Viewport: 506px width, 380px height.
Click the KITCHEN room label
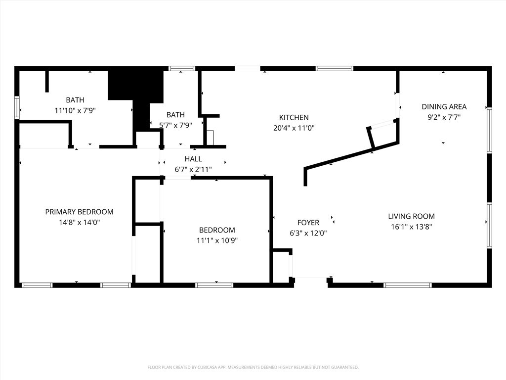[x=294, y=117]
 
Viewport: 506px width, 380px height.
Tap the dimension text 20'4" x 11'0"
[x=294, y=128]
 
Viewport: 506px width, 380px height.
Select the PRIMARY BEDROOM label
[x=79, y=212]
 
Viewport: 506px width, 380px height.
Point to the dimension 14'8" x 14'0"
[x=79, y=223]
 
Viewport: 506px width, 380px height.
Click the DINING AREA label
[x=444, y=106]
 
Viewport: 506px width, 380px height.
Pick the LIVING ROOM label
[x=411, y=216]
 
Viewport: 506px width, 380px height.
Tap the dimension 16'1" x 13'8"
[x=411, y=227]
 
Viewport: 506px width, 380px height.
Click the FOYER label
[x=308, y=223]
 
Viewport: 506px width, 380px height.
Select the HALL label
[x=193, y=159]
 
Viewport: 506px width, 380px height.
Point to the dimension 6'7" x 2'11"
[x=193, y=169]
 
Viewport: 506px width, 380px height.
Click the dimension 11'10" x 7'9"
[x=75, y=111]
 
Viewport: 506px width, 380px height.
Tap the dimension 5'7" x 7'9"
[x=175, y=126]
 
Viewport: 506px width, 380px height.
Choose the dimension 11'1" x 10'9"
[x=217, y=241]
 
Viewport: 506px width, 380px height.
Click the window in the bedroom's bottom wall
[x=214, y=285]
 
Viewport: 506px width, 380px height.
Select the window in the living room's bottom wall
[x=408, y=285]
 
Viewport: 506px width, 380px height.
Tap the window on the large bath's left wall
[x=17, y=107]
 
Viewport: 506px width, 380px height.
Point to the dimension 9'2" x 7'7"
[x=444, y=117]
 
